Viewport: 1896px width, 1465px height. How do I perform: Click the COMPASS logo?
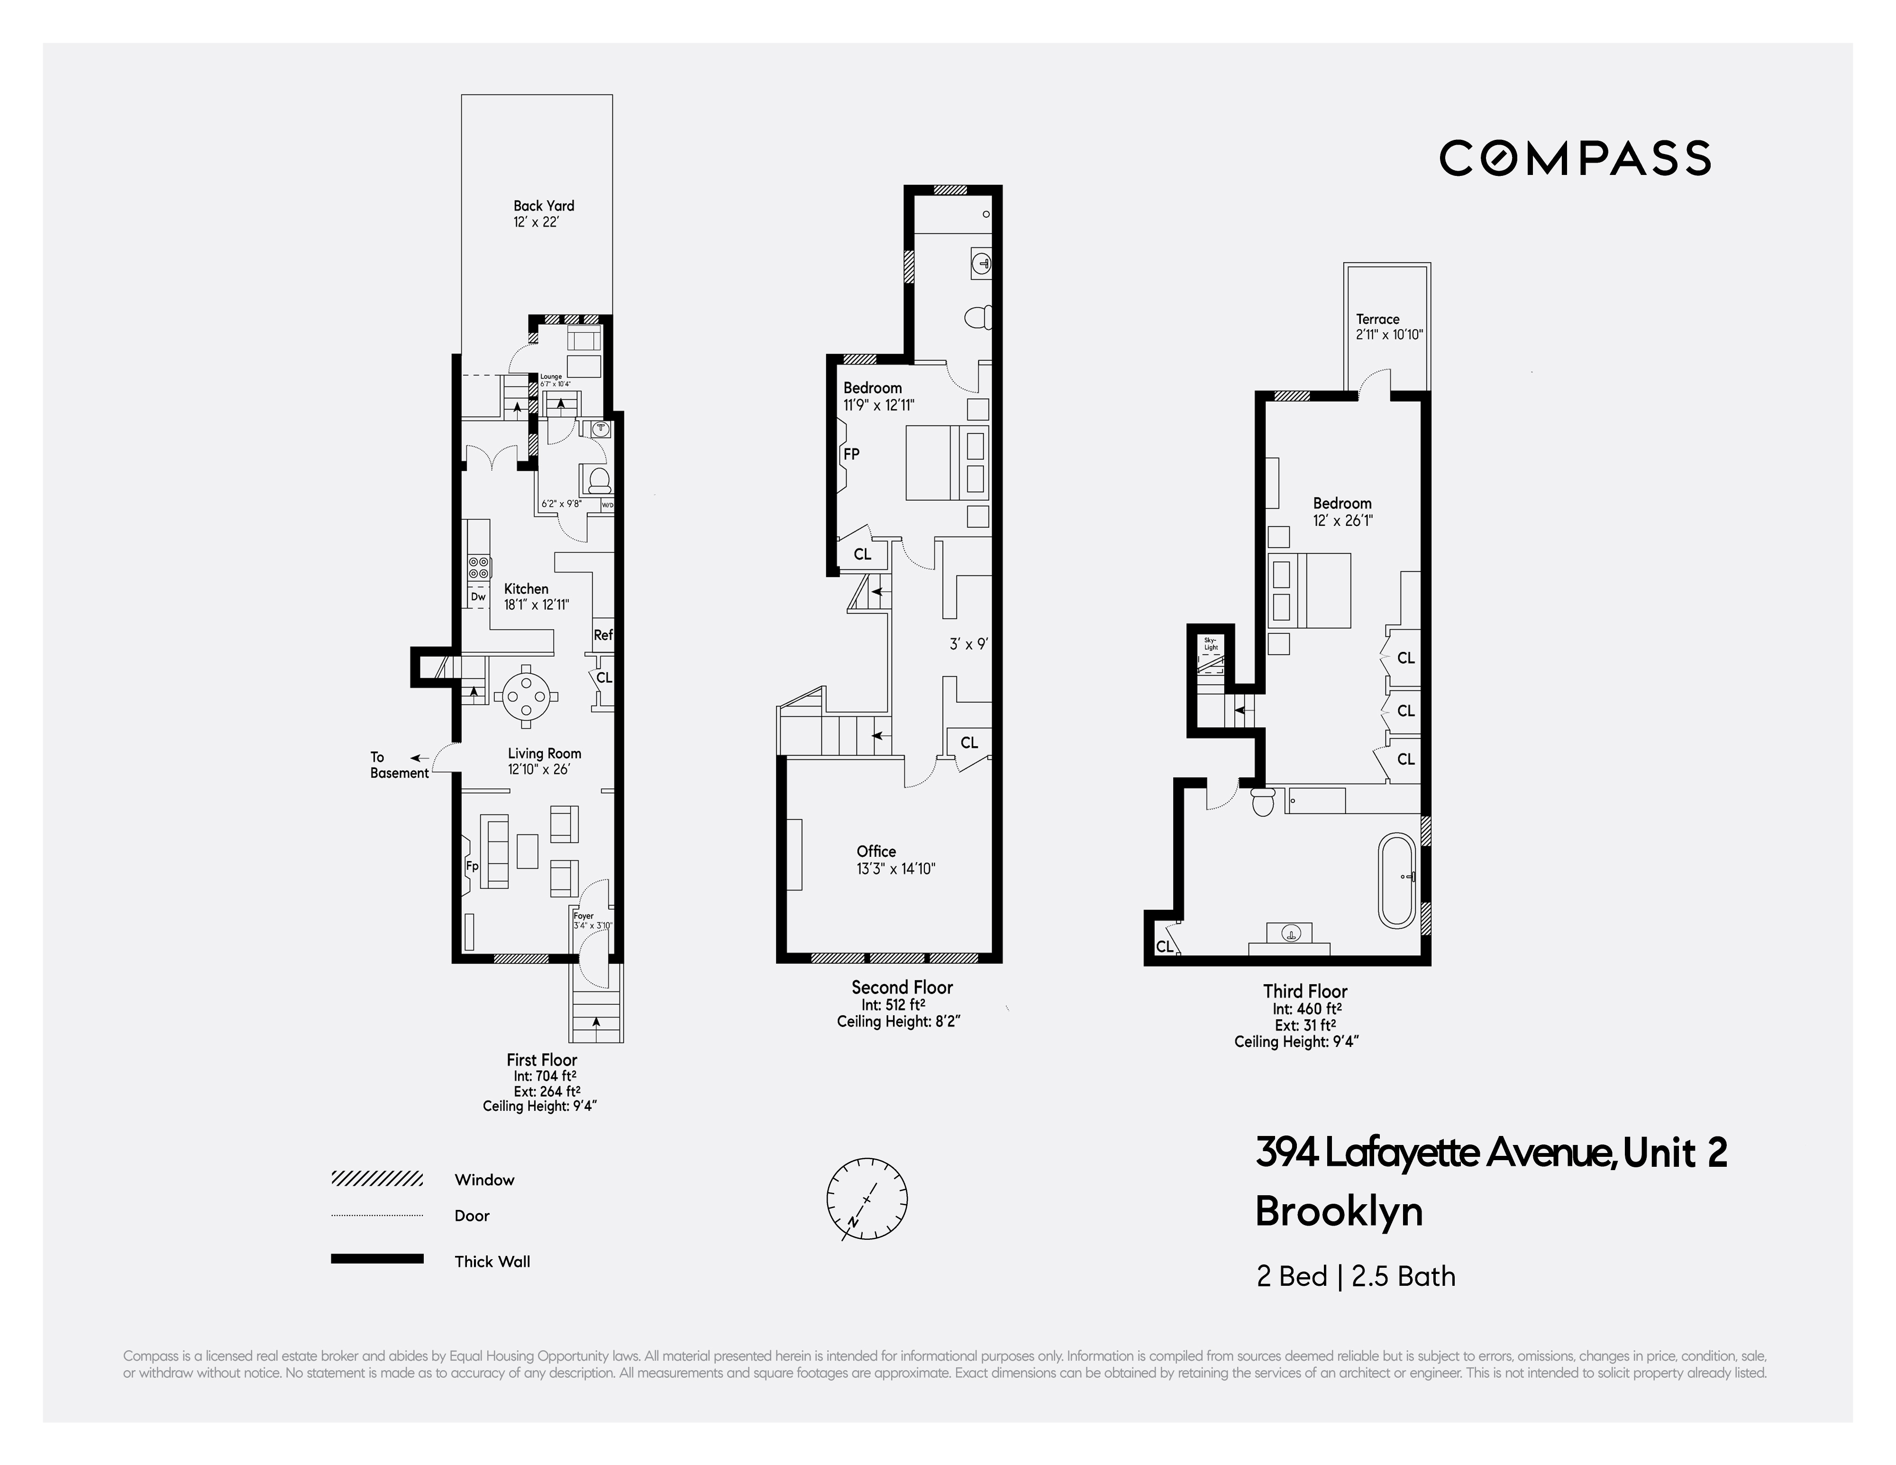click(x=1575, y=158)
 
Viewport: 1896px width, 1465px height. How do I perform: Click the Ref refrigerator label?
click(x=602, y=635)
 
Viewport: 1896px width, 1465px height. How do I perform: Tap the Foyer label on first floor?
click(x=583, y=916)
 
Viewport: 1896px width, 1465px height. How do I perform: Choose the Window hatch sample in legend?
click(x=377, y=1179)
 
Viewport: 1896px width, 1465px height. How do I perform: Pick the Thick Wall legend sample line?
click(x=377, y=1258)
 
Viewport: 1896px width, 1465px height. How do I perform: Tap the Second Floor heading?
click(x=902, y=988)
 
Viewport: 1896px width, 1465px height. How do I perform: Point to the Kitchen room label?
click(x=526, y=589)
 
